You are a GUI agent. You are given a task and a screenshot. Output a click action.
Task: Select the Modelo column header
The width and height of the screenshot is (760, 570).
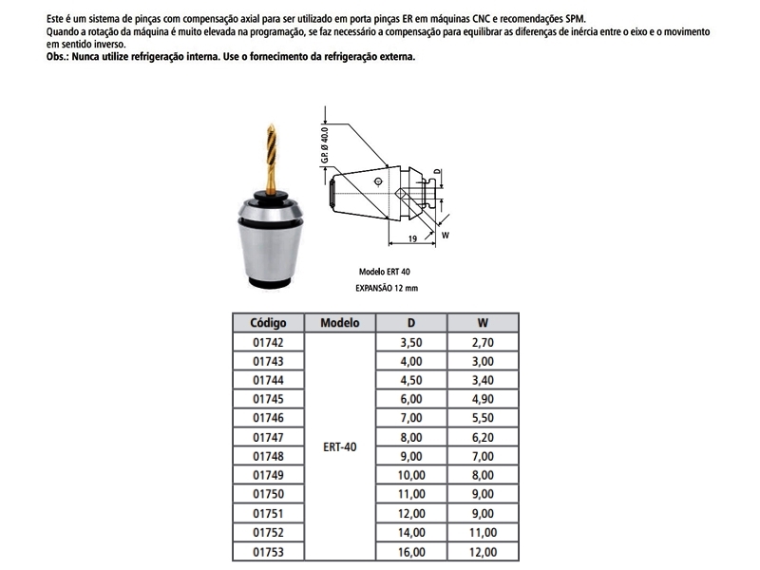pyautogui.click(x=339, y=322)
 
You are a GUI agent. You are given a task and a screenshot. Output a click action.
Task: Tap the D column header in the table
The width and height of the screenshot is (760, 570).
pyautogui.click(x=410, y=322)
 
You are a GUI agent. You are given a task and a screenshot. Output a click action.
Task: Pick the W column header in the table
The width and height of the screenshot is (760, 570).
pyautogui.click(x=484, y=322)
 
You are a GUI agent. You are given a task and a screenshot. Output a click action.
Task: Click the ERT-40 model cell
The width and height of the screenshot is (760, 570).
pyautogui.click(x=339, y=446)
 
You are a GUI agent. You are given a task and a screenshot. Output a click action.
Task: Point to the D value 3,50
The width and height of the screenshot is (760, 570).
pyautogui.click(x=410, y=342)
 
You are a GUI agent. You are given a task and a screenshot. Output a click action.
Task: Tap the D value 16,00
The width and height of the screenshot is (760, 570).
pyautogui.click(x=410, y=550)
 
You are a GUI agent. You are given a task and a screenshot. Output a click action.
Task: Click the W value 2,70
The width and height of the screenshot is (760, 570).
pyautogui.click(x=484, y=342)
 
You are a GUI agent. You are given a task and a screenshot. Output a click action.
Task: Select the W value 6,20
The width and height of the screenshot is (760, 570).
pyautogui.click(x=484, y=436)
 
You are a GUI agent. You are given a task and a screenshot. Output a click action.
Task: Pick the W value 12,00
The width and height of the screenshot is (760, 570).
pyautogui.click(x=484, y=550)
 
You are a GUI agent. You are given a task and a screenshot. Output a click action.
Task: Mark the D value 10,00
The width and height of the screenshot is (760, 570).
pyautogui.click(x=410, y=474)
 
